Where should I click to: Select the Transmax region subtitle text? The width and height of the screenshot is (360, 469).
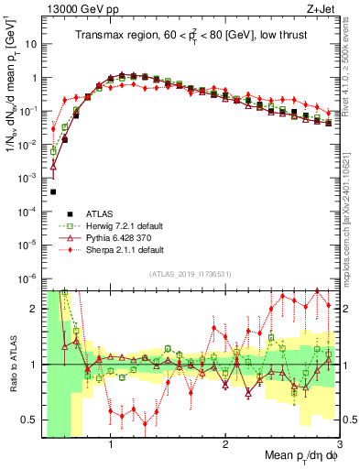click(191, 36)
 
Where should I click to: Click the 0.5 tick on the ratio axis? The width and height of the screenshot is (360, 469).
click(29, 420)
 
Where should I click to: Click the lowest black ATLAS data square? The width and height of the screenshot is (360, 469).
click(53, 191)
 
